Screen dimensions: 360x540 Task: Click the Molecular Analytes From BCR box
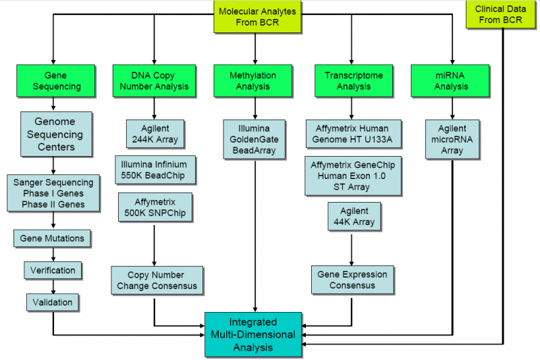point(256,17)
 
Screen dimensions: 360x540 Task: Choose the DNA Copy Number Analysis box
point(154,81)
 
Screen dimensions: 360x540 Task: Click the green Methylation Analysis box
point(255,81)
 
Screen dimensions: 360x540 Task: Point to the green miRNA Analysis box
point(452,81)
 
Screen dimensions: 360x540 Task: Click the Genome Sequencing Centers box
point(53,134)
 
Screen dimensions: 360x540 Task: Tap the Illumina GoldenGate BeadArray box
point(255,139)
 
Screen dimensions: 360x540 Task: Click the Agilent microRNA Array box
point(452,139)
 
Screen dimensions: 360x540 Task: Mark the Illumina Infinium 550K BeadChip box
point(155,170)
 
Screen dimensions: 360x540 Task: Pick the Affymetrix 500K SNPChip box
point(155,208)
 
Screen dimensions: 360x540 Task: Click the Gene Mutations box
point(53,238)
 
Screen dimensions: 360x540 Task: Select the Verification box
point(53,270)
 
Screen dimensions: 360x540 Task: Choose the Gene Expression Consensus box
point(352,280)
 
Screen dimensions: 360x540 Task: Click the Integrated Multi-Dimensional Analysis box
point(254,334)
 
